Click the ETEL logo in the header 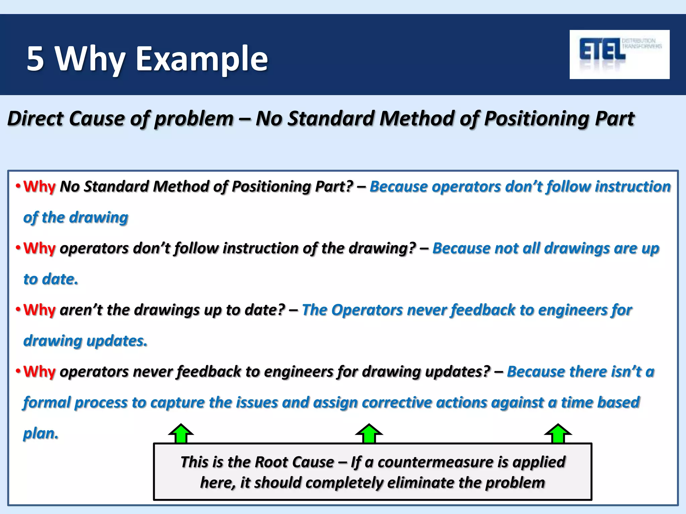point(619,54)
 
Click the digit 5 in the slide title point(36,59)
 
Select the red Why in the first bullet point(39,186)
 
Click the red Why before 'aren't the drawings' point(39,310)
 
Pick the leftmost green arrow point(181,434)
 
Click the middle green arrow point(369,434)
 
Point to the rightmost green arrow point(558,434)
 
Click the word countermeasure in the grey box point(435,462)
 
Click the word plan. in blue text point(41,433)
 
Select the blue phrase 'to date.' point(51,279)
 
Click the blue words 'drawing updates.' point(85,341)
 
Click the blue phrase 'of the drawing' point(76,218)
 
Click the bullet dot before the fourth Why point(18,371)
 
